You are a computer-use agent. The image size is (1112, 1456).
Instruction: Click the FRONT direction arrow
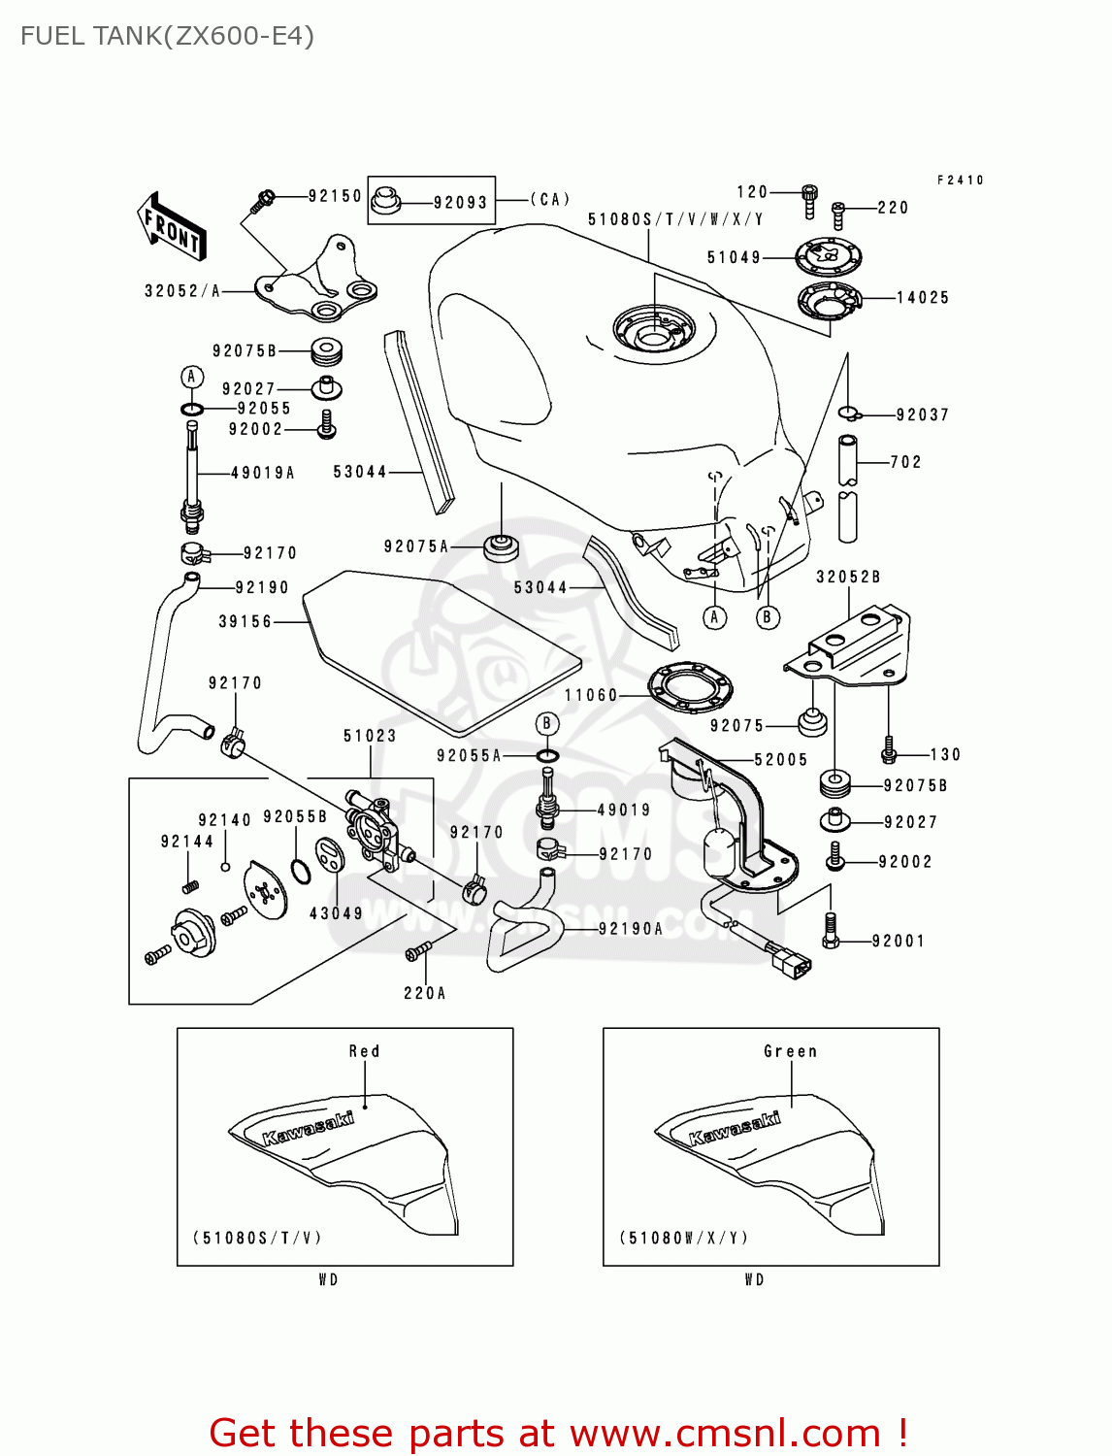click(x=172, y=227)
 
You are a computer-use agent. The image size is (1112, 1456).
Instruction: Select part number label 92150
click(x=335, y=196)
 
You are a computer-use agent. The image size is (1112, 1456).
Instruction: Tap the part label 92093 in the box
click(x=460, y=203)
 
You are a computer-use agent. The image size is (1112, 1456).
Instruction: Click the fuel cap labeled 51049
click(x=828, y=258)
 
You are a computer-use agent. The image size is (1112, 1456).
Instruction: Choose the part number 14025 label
click(x=922, y=298)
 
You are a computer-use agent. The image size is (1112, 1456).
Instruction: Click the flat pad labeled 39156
click(x=442, y=650)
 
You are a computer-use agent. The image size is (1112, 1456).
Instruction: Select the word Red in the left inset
click(x=365, y=1051)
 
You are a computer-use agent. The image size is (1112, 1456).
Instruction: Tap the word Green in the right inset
click(x=790, y=1051)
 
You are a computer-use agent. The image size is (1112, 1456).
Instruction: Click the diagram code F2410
click(x=960, y=181)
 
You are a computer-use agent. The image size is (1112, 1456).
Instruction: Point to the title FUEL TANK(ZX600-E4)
click(x=167, y=37)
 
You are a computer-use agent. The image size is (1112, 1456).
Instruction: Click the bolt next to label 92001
click(x=830, y=931)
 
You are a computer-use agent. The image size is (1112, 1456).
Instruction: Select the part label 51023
click(x=370, y=736)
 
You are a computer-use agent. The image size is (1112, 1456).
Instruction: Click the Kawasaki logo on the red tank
click(x=309, y=1128)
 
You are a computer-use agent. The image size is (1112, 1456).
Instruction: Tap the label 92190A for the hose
click(x=631, y=929)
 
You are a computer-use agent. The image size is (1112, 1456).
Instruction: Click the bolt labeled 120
click(x=809, y=200)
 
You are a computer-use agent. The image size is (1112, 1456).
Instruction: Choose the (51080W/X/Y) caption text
click(x=684, y=1238)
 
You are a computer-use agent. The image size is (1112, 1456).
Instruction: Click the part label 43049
click(x=336, y=913)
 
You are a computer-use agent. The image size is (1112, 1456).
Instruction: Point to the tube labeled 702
click(x=848, y=488)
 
